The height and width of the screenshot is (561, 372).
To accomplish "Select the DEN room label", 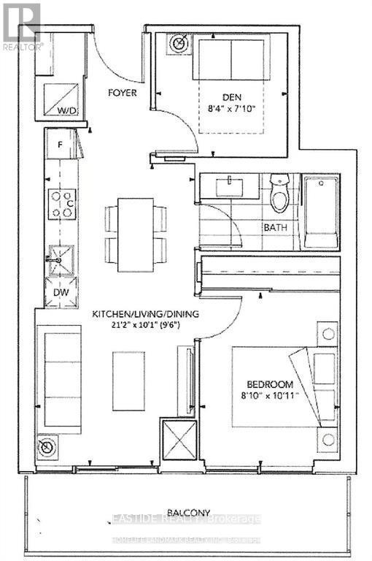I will coord(230,95).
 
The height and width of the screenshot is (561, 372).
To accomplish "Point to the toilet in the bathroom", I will coord(279,192).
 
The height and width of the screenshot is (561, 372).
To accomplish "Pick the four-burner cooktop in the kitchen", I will coord(61,203).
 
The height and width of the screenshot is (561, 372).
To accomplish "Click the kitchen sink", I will coord(60,259).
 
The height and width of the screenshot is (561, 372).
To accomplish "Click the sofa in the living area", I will coord(61,381).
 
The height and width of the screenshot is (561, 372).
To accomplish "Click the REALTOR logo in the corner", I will coord(23,26).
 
